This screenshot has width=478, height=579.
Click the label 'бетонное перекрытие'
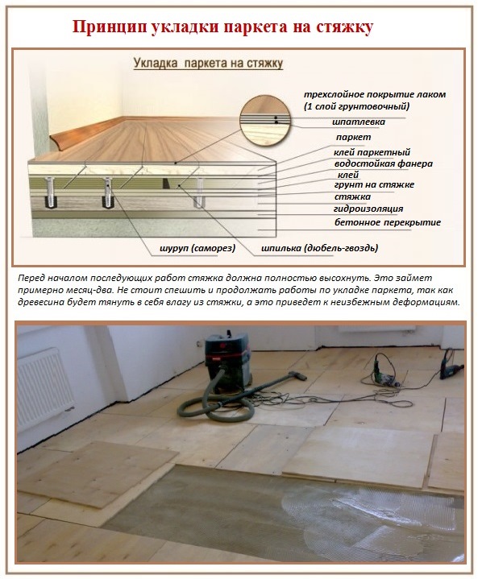click(x=376, y=221)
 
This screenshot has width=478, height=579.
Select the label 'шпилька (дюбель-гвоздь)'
click(x=320, y=247)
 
